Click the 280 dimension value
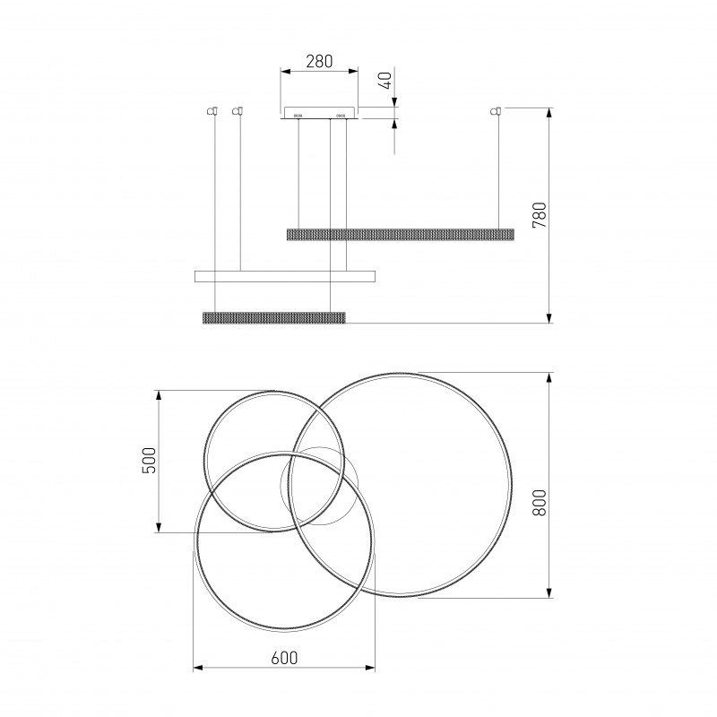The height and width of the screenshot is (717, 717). click(x=319, y=61)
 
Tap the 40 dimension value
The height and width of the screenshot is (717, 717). click(x=386, y=81)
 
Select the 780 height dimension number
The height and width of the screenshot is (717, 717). click(x=540, y=215)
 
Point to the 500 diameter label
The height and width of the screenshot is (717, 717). click(x=149, y=460)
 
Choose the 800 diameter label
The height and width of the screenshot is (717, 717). click(x=540, y=503)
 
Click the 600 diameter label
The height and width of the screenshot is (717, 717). click(x=284, y=658)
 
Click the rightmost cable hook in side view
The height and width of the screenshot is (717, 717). click(x=496, y=110)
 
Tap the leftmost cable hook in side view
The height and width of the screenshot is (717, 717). click(x=212, y=110)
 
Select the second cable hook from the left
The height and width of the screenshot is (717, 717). click(x=238, y=110)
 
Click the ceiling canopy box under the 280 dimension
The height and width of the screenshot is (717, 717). click(x=319, y=113)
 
